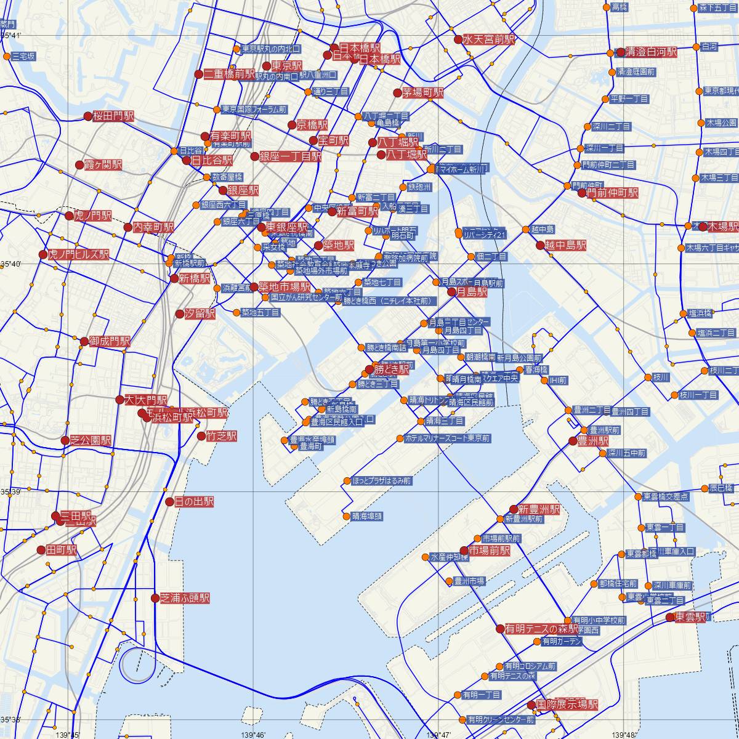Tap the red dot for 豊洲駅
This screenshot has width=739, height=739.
click(x=573, y=440)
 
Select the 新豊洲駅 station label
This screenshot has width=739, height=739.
click(x=539, y=509)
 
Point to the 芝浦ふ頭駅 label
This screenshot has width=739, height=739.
click(x=185, y=598)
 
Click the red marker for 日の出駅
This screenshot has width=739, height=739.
click(x=170, y=502)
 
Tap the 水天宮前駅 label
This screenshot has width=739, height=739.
click(x=489, y=39)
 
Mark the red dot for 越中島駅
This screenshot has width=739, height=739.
click(x=540, y=245)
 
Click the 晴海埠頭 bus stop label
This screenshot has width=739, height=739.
click(x=366, y=516)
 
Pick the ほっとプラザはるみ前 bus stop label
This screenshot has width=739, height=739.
click(x=381, y=481)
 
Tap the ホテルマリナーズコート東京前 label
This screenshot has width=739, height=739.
click(x=447, y=438)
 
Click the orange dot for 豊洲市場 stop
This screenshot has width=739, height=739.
click(x=448, y=581)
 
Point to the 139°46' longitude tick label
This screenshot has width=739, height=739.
click(x=253, y=734)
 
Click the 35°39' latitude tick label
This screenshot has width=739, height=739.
click(x=11, y=492)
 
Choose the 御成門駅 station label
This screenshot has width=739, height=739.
click(x=110, y=341)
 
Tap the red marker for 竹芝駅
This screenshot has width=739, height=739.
click(x=201, y=436)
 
